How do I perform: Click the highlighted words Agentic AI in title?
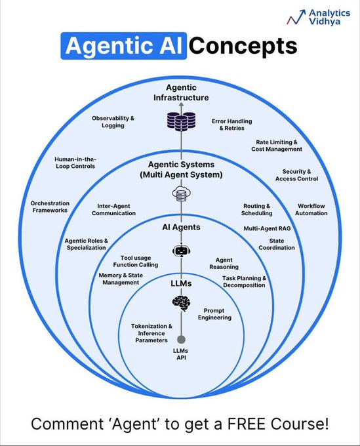pyautogui.click(x=124, y=47)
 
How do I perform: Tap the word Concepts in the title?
pyautogui.click(x=243, y=47)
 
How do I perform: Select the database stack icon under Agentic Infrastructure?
pyautogui.click(x=180, y=121)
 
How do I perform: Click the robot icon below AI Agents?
pyautogui.click(x=180, y=250)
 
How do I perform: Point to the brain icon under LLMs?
pyautogui.click(x=180, y=302)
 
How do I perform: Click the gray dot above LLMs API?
pyautogui.click(x=180, y=339)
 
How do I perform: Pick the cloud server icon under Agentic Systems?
pyautogui.click(x=180, y=193)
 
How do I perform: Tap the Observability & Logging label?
pyautogui.click(x=113, y=121)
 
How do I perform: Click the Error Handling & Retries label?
pyautogui.click(x=231, y=125)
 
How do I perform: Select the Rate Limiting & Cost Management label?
pyautogui.click(x=276, y=146)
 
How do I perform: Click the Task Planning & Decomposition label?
pyautogui.click(x=243, y=281)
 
